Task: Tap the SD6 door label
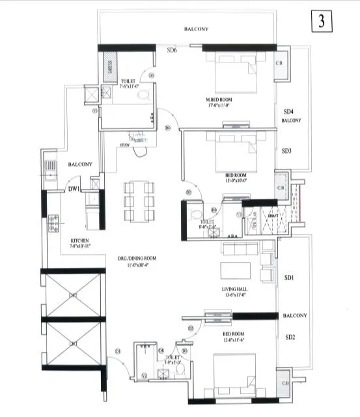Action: [173, 50]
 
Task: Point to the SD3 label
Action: [286, 151]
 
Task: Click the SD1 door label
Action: [290, 279]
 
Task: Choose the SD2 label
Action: [290, 337]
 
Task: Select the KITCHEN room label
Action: [79, 240]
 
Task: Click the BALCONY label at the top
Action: [196, 29]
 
